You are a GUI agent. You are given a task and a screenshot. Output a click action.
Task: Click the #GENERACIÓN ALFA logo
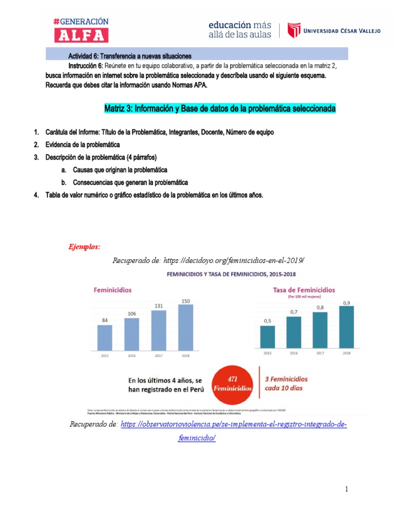click(81, 30)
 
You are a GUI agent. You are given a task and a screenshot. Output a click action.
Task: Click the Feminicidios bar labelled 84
click(105, 336)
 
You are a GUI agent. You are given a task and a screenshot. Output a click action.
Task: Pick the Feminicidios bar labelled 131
click(159, 329)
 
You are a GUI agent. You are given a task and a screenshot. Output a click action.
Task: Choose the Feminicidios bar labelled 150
click(186, 327)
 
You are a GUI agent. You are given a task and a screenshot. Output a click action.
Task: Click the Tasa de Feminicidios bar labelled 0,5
click(268, 336)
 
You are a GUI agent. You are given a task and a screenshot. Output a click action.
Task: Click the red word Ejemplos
click(84, 247)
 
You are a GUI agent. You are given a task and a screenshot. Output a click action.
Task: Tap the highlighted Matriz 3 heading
click(220, 109)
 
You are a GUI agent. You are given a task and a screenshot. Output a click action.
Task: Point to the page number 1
click(346, 489)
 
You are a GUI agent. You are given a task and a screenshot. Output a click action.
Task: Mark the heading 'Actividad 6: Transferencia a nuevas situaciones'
click(130, 55)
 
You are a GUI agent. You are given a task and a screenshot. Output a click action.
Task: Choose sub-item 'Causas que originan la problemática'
click(120, 169)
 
